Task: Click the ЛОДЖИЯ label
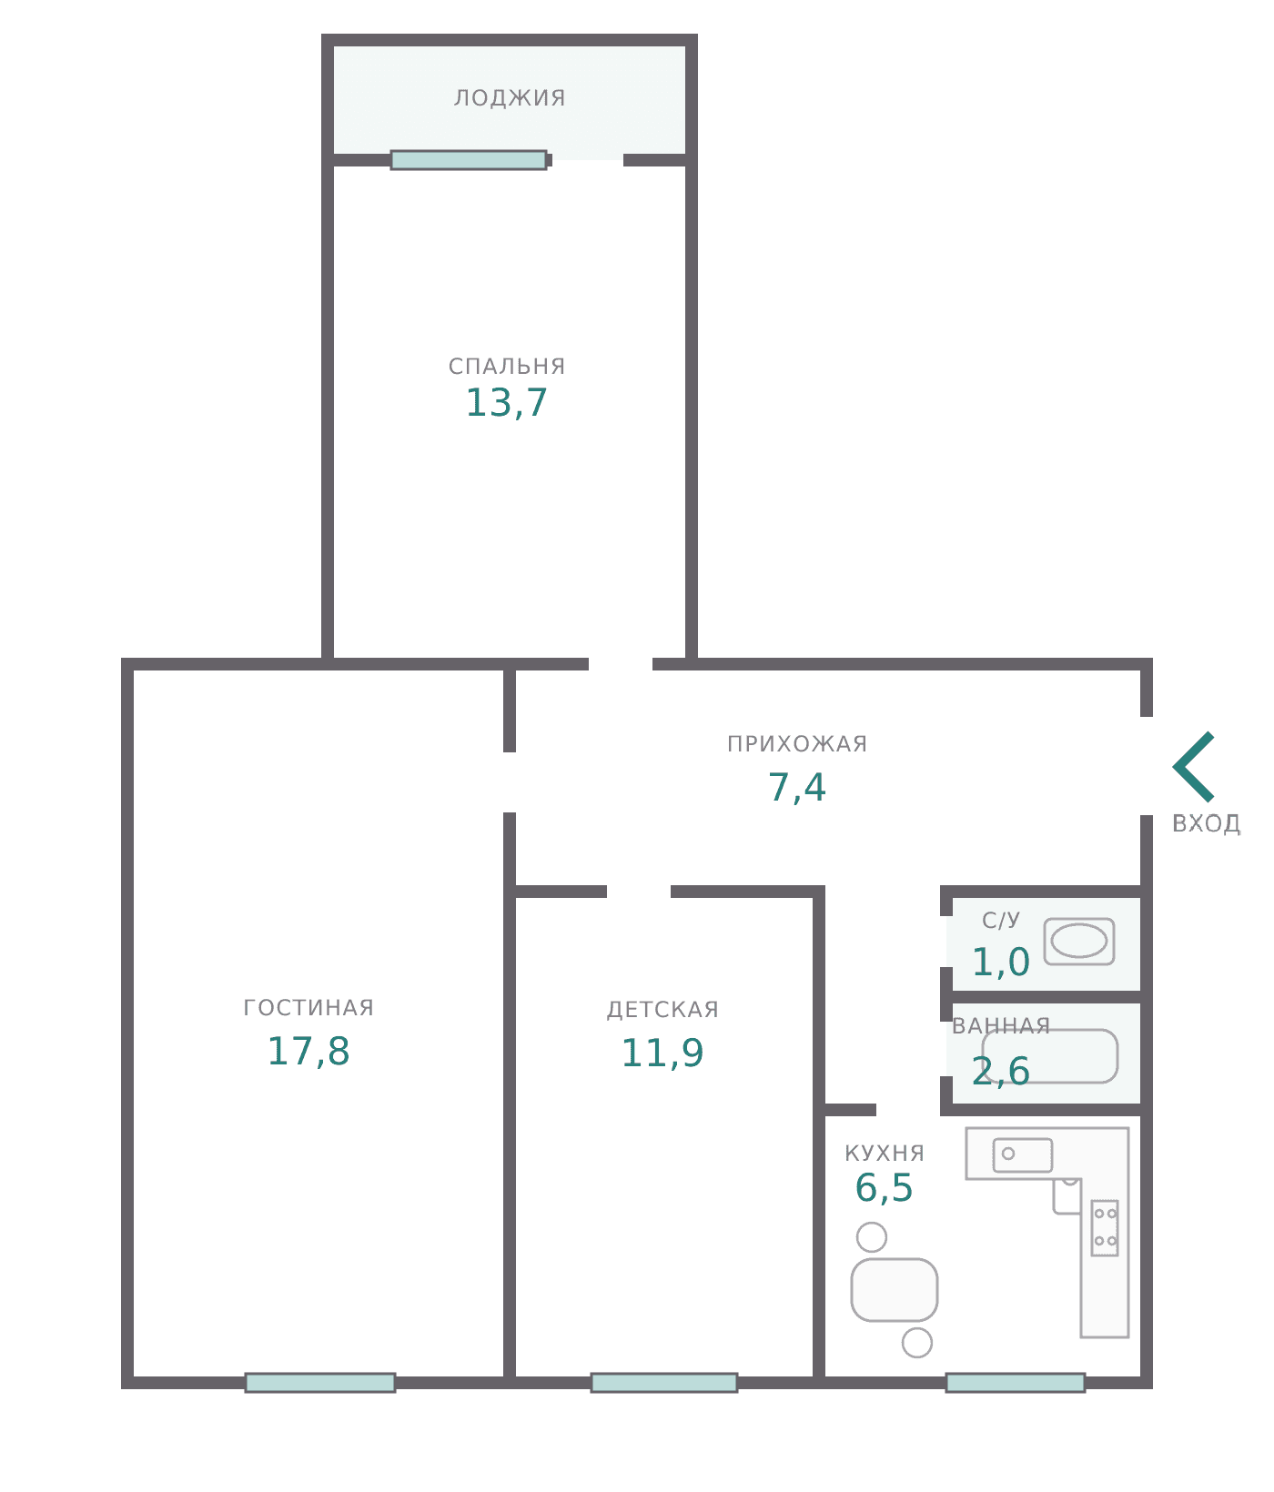(x=510, y=97)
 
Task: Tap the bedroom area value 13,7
(x=507, y=403)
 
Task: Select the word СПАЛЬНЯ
(x=507, y=366)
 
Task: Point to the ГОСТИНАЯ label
(x=308, y=1007)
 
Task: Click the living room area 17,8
(x=308, y=1051)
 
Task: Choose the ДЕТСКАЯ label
(x=662, y=1009)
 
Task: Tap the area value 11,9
(x=662, y=1053)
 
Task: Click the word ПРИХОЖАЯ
(x=797, y=743)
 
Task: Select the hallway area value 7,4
(x=797, y=787)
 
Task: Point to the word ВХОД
(x=1207, y=823)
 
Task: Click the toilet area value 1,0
(x=1001, y=962)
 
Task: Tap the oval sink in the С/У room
(x=1079, y=941)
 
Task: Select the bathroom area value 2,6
(x=1001, y=1071)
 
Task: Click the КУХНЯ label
(x=885, y=1153)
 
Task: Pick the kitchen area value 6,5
(x=884, y=1187)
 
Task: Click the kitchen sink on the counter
(x=1023, y=1154)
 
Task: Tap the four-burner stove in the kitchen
(x=1105, y=1227)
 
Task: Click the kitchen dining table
(x=895, y=1289)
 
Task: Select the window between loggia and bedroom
(x=469, y=160)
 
